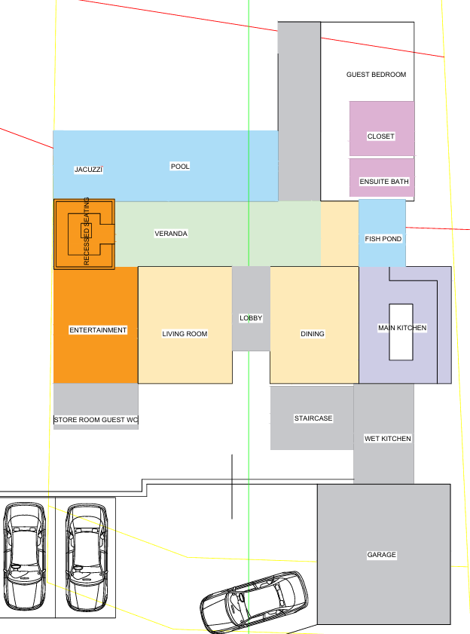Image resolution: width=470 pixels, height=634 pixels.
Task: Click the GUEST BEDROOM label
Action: click(x=376, y=75)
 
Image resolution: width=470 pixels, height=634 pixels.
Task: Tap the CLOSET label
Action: click(x=380, y=136)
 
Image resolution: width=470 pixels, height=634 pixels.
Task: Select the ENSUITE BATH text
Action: click(x=384, y=182)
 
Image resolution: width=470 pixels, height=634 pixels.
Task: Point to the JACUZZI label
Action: click(x=89, y=170)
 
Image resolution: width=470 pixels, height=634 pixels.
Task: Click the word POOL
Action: click(x=180, y=166)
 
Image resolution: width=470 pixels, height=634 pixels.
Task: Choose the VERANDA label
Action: click(x=171, y=233)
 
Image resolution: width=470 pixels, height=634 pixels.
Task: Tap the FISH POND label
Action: click(x=383, y=239)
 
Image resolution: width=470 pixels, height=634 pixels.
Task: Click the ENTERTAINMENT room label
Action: click(x=98, y=330)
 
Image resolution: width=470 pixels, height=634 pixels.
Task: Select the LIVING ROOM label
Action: click(x=185, y=333)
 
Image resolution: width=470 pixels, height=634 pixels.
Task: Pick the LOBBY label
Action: click(x=251, y=318)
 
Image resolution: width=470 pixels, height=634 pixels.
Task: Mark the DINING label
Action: click(x=313, y=333)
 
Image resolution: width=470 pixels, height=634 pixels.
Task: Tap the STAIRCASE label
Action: click(x=313, y=418)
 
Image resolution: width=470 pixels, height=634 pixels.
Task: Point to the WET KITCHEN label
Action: click(x=388, y=438)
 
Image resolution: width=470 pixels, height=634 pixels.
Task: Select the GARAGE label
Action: click(x=381, y=555)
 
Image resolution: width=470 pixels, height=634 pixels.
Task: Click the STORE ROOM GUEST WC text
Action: click(x=96, y=420)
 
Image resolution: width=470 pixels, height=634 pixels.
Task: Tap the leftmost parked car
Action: click(x=24, y=556)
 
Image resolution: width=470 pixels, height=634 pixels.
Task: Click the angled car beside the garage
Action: click(x=254, y=602)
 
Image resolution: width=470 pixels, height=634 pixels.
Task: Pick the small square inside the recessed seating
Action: click(x=86, y=231)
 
